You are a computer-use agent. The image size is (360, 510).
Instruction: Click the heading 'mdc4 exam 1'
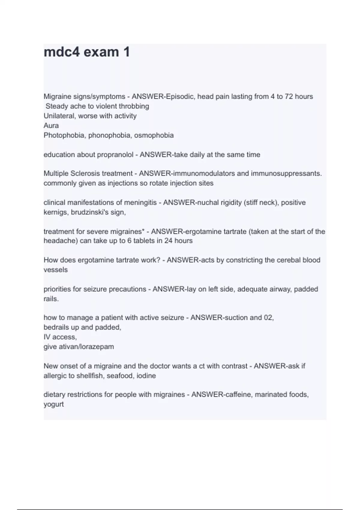(87, 52)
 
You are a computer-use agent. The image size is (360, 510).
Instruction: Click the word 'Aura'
(51, 125)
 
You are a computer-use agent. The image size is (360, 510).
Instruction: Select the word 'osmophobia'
(154, 135)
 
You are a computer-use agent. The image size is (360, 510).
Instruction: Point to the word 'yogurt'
(54, 404)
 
